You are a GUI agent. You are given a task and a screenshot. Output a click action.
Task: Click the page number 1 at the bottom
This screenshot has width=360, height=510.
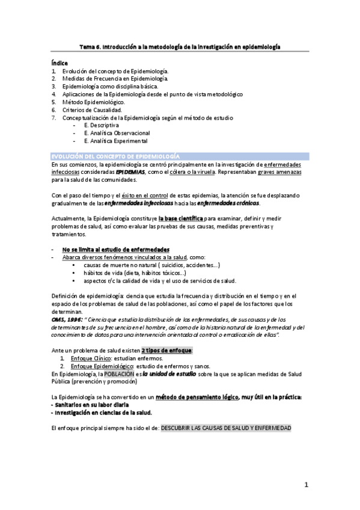tap(306, 485)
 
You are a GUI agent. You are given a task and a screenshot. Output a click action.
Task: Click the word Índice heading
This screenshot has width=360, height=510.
tap(59, 63)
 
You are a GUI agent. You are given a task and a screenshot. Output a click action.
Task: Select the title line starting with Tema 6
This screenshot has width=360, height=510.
tap(180, 46)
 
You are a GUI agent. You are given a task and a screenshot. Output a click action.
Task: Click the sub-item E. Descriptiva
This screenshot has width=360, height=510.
tap(106, 126)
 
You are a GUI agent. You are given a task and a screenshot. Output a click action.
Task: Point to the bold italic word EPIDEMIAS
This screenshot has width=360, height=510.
tap(130, 171)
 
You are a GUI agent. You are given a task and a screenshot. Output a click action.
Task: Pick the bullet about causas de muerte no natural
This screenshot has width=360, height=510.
tap(151, 265)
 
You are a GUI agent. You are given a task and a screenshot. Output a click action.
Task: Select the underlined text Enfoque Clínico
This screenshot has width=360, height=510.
tap(91, 358)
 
